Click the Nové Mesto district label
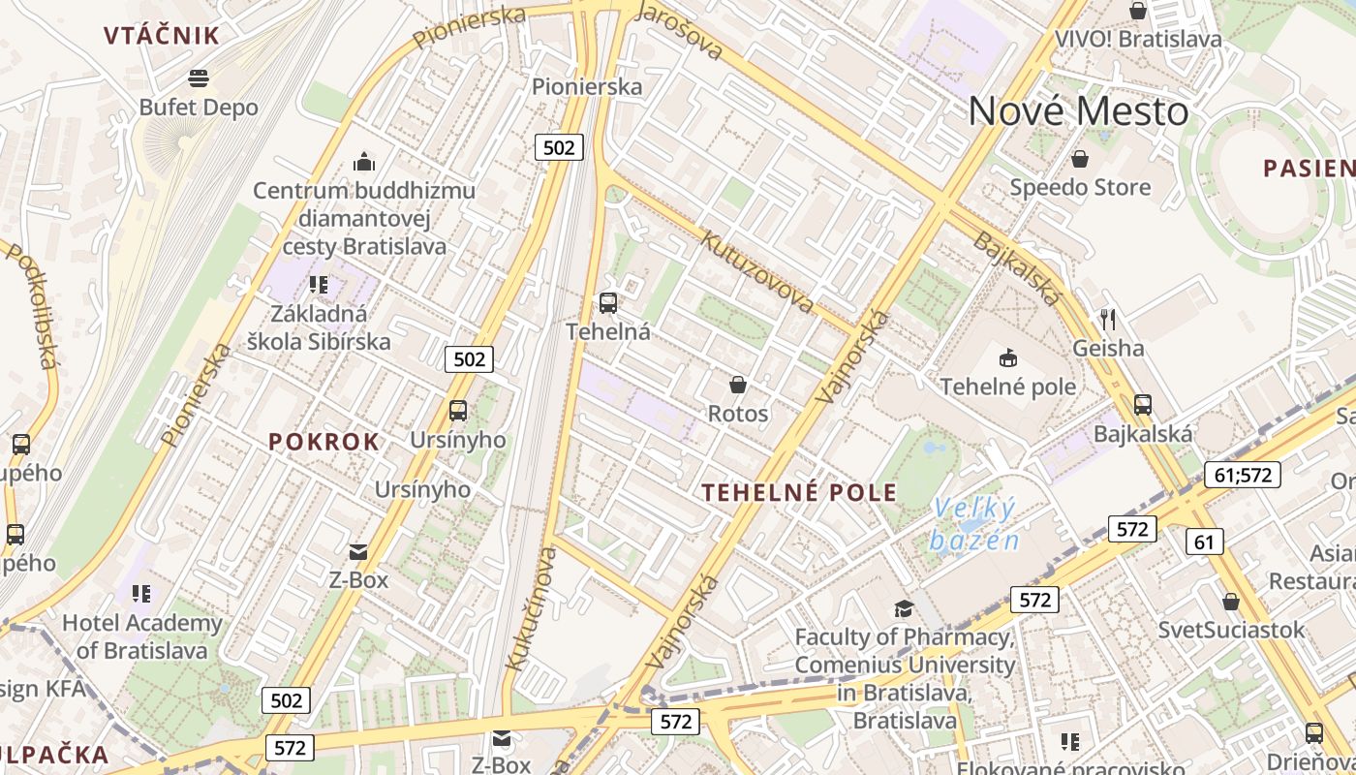click(1078, 111)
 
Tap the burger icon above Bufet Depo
click(199, 77)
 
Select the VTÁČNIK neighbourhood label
click(162, 36)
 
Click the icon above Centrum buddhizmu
click(364, 161)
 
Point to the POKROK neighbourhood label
click(324, 442)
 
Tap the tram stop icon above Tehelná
click(608, 303)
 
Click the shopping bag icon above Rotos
click(738, 386)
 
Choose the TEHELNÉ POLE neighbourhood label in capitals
click(799, 492)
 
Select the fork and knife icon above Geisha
click(1108, 319)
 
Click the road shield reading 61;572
click(1243, 475)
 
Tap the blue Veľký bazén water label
click(974, 523)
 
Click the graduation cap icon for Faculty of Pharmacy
click(904, 608)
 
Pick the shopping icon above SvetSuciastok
click(1231, 602)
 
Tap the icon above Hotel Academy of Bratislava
click(141, 593)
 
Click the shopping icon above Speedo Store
click(1080, 158)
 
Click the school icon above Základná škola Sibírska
click(319, 285)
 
